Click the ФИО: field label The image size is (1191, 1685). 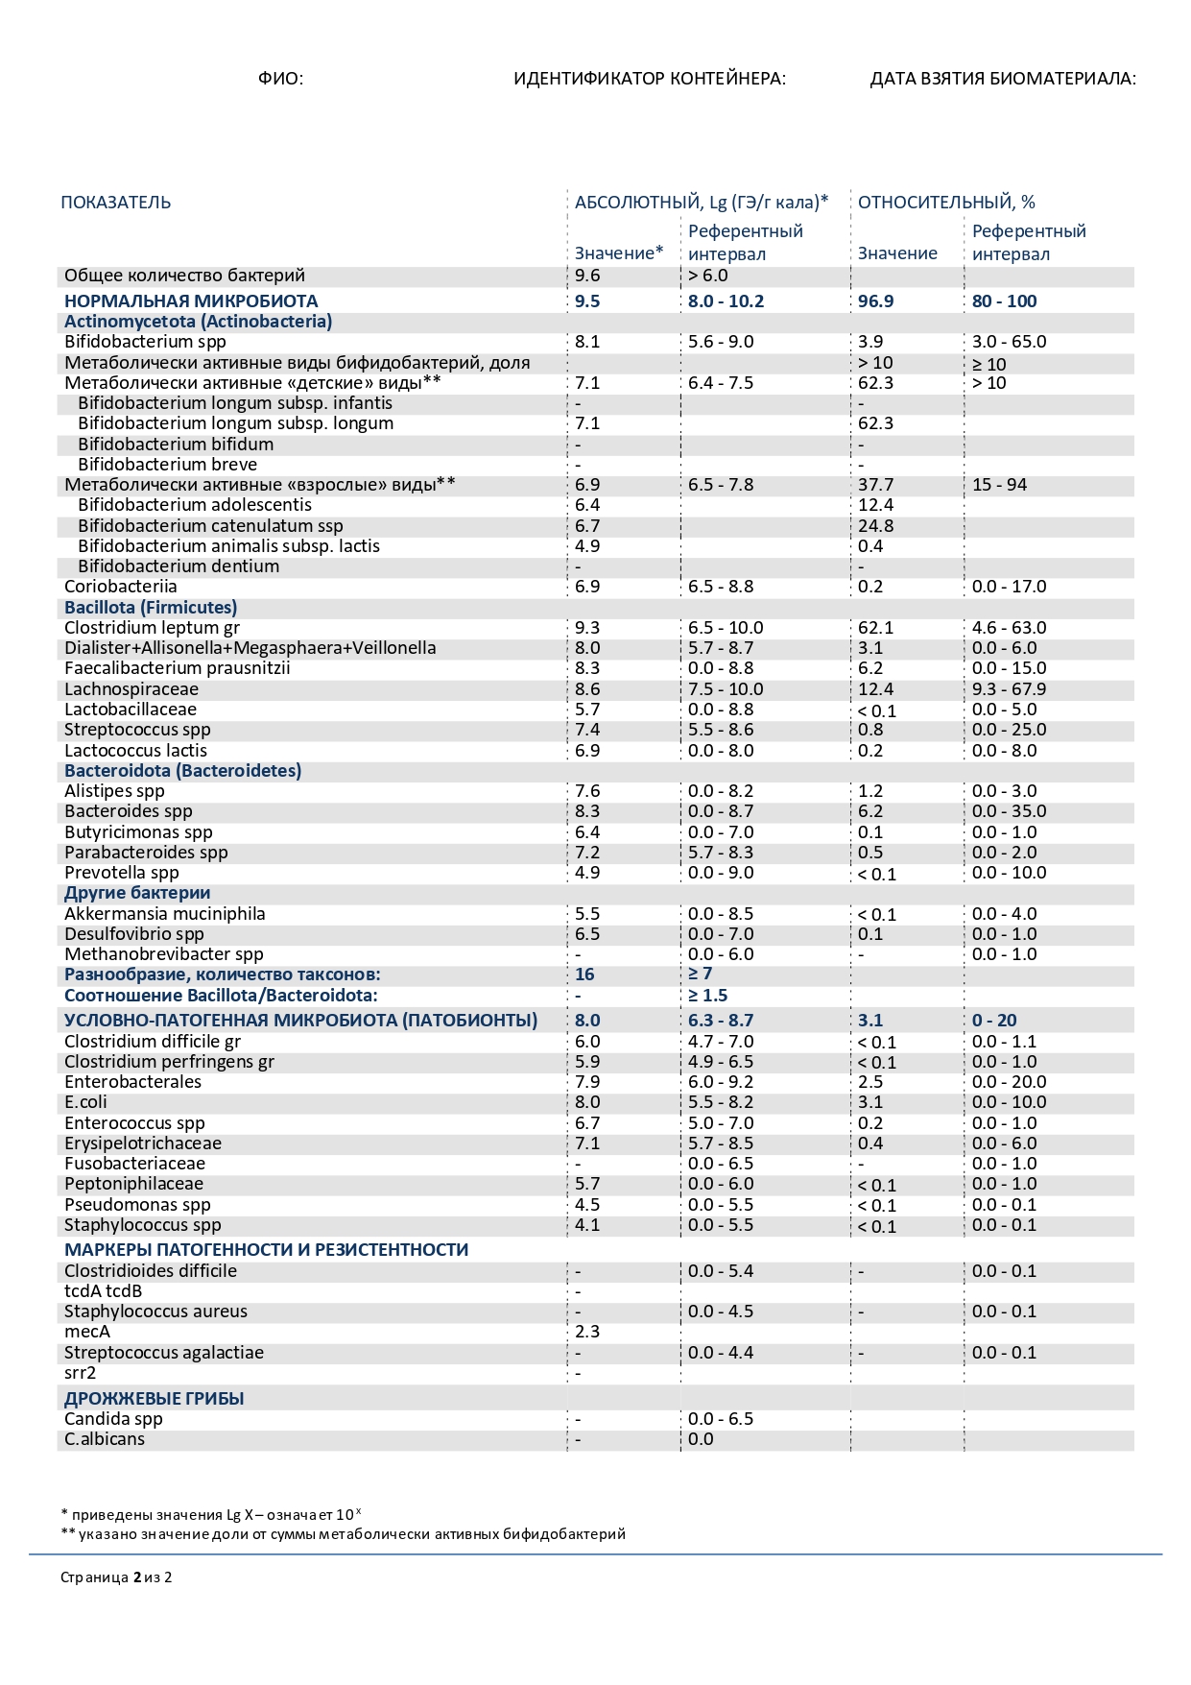pyautogui.click(x=280, y=79)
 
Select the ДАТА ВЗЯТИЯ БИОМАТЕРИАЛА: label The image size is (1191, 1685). pyautogui.click(x=1003, y=79)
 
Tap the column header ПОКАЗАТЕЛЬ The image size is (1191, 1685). pyautogui.click(x=116, y=203)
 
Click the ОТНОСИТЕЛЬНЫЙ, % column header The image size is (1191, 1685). pyautogui.click(x=946, y=203)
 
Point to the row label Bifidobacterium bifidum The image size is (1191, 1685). pyautogui.click(x=176, y=445)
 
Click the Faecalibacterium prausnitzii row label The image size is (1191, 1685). pyautogui.click(x=178, y=668)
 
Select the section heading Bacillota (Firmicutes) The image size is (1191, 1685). pyautogui.click(x=151, y=608)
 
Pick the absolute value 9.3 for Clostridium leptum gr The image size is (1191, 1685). pyautogui.click(x=587, y=628)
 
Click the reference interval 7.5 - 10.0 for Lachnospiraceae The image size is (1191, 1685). pyautogui.click(x=726, y=689)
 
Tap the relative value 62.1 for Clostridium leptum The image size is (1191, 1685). pyautogui.click(x=875, y=628)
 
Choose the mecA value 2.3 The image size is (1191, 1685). pyautogui.click(x=587, y=1332)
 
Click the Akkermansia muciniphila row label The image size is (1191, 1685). pyautogui.click(x=165, y=914)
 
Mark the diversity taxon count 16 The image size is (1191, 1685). pyautogui.click(x=584, y=975)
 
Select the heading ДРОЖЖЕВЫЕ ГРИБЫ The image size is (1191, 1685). pyautogui.click(x=155, y=1399)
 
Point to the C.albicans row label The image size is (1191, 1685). pyautogui.click(x=105, y=1439)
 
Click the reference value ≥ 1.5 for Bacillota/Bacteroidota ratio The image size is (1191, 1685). pyautogui.click(x=708, y=996)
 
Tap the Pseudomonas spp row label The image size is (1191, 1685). pyautogui.click(x=137, y=1205)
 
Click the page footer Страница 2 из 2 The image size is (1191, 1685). pyautogui.click(x=116, y=1577)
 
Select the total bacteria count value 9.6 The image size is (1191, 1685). pyautogui.click(x=587, y=276)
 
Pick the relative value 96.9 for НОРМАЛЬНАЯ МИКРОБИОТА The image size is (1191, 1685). pyautogui.click(x=875, y=301)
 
